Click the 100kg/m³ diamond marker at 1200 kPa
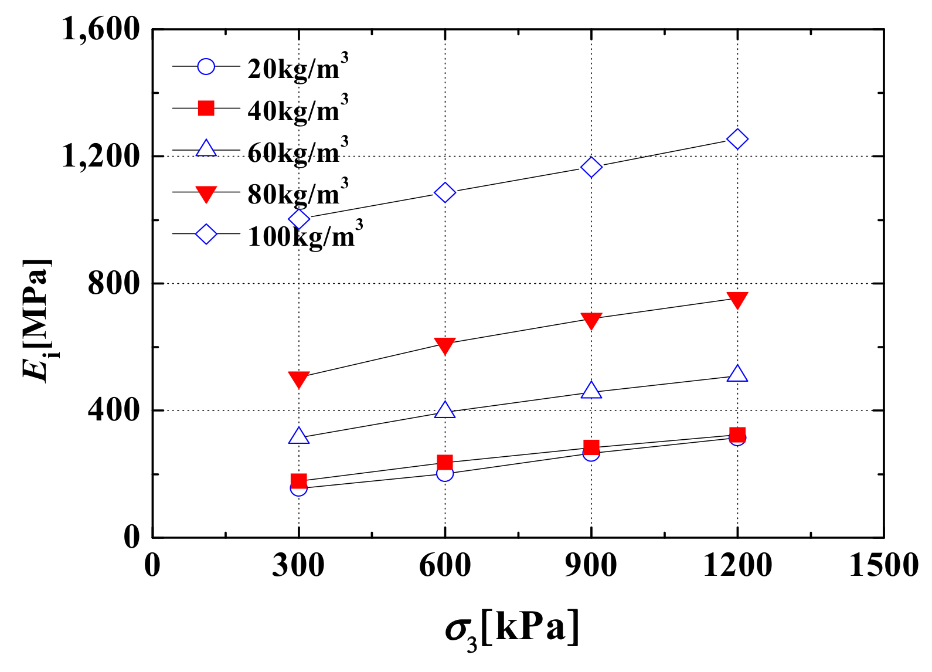(737, 139)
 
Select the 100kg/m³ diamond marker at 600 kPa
(445, 192)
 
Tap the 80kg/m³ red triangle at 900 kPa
(591, 320)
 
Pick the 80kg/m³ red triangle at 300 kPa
(299, 379)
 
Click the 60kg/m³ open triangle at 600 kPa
(445, 410)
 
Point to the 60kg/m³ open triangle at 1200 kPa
(737, 374)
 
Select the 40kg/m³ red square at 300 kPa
(299, 481)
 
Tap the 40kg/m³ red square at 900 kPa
(591, 447)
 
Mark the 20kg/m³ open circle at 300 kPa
(299, 487)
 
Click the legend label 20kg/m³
(297, 67)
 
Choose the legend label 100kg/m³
(305, 235)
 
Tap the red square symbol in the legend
(206, 108)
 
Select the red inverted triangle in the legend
(206, 194)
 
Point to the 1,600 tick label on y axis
(101, 29)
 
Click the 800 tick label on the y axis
(114, 284)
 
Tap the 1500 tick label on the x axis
(883, 566)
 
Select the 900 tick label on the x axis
(591, 566)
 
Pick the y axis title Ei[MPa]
(37, 320)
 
